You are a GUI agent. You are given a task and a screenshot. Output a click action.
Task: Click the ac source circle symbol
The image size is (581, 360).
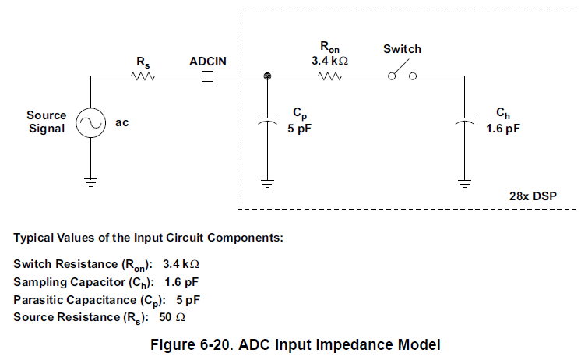(90, 122)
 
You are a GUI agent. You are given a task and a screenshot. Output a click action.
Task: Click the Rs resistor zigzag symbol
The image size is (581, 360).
(143, 76)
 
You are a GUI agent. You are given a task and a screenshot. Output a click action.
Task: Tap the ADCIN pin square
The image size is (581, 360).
(207, 76)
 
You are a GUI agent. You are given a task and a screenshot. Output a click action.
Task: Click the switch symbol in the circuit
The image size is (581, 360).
(402, 75)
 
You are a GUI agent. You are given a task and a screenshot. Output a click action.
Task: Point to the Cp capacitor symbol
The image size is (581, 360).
(268, 122)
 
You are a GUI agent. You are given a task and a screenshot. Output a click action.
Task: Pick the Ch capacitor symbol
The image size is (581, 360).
(465, 122)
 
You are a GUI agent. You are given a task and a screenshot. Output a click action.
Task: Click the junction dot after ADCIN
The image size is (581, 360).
(268, 76)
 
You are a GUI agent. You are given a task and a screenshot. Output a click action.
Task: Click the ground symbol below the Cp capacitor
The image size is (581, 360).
(268, 184)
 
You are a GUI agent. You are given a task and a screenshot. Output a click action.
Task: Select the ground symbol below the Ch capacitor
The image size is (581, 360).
(465, 184)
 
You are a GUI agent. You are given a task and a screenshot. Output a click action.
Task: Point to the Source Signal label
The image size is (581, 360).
(47, 122)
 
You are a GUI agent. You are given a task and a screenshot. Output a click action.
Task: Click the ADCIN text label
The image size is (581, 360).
(208, 60)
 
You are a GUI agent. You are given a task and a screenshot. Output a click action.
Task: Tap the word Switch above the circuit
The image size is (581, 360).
(402, 49)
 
